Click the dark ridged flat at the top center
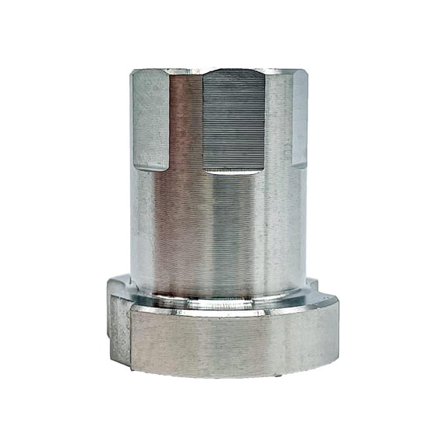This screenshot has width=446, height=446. pyautogui.click(x=234, y=120)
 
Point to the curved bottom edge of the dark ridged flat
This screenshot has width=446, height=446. pyautogui.click(x=234, y=170)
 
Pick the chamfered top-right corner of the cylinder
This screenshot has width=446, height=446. pyautogui.click(x=304, y=73)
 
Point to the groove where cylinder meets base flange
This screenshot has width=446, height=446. pyautogui.click(x=221, y=298)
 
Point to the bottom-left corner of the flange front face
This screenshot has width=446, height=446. pyautogui.click(x=133, y=369)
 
